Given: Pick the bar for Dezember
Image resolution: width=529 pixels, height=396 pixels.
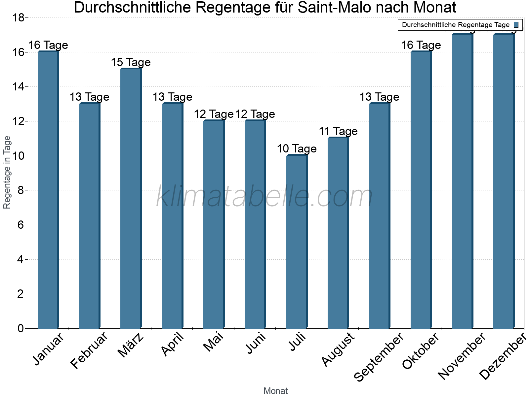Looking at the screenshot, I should point(504,181).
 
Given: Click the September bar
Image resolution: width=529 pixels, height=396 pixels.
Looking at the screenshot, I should point(379,216).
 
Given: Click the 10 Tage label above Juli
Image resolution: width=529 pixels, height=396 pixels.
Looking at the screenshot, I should point(297,149).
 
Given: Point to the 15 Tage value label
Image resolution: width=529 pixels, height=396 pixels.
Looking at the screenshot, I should point(131,62).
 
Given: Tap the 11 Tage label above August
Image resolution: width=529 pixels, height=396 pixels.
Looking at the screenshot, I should point(338,131).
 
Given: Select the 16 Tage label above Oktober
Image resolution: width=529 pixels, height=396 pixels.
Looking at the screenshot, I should point(421,45).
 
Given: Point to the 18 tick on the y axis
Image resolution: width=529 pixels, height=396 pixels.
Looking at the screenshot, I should point(18,18).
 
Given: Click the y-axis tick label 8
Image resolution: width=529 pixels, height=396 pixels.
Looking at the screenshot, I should point(20,190).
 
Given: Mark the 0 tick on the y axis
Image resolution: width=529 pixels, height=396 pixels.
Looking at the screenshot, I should point(20,328).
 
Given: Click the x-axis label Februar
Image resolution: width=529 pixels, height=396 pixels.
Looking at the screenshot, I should point(89,350).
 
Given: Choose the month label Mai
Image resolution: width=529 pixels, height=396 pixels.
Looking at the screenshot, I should point(213,342).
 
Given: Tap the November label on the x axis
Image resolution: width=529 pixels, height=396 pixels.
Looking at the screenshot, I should point(462,356).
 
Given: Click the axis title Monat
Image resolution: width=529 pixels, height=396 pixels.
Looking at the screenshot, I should point(275,391).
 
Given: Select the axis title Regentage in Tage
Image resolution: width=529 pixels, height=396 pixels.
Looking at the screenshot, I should point(7,172).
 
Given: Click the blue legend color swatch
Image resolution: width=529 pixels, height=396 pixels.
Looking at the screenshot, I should point(516,25).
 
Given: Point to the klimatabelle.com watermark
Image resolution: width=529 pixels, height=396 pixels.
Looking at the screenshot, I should point(264,197).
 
